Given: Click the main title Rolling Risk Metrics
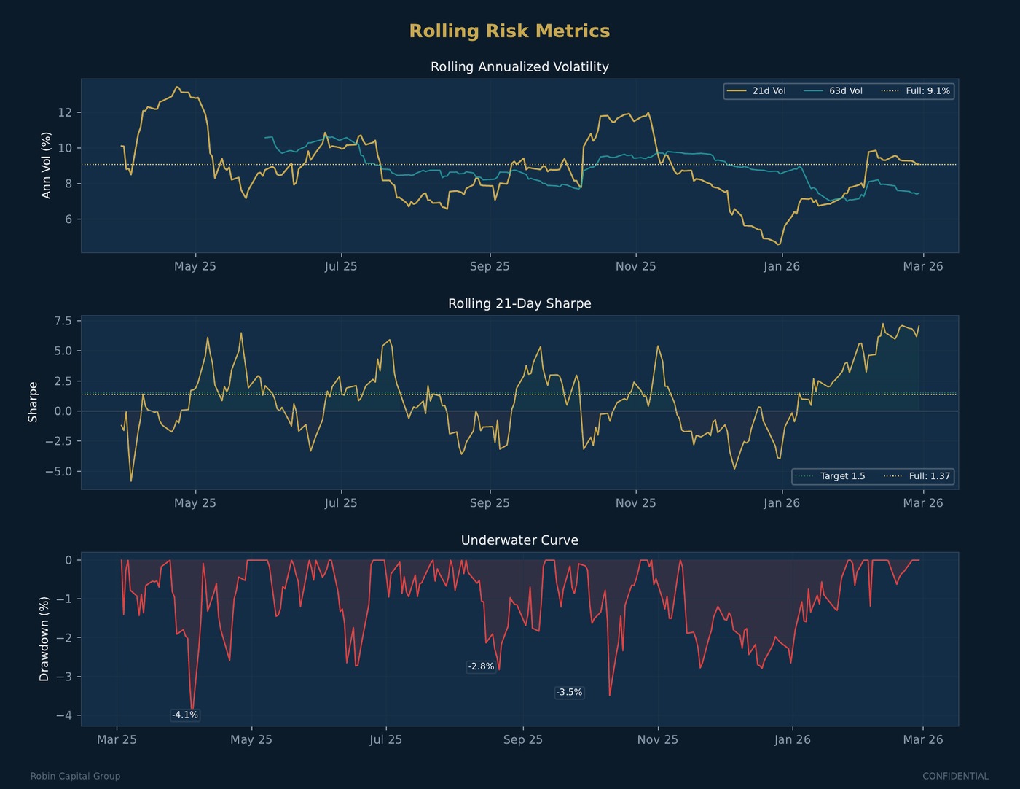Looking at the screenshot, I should tap(509, 31).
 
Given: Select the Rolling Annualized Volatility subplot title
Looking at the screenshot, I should tap(519, 67).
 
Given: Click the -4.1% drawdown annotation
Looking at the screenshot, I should tap(185, 715).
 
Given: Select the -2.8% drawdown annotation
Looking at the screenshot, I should tap(481, 666).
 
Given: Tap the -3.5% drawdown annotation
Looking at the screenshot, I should tap(569, 692).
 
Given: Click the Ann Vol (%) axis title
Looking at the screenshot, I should tap(47, 166).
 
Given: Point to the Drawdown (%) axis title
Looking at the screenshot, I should tap(44, 639).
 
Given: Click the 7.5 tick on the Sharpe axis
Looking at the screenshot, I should tap(63, 321).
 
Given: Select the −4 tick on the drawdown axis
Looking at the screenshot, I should tap(64, 715).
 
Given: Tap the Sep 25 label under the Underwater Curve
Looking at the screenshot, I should tap(522, 739).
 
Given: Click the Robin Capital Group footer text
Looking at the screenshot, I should tap(75, 776).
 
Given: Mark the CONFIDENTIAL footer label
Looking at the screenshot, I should tap(955, 776).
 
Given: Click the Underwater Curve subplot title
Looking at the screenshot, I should tap(519, 540).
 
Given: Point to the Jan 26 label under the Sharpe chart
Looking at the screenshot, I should tap(781, 503).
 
